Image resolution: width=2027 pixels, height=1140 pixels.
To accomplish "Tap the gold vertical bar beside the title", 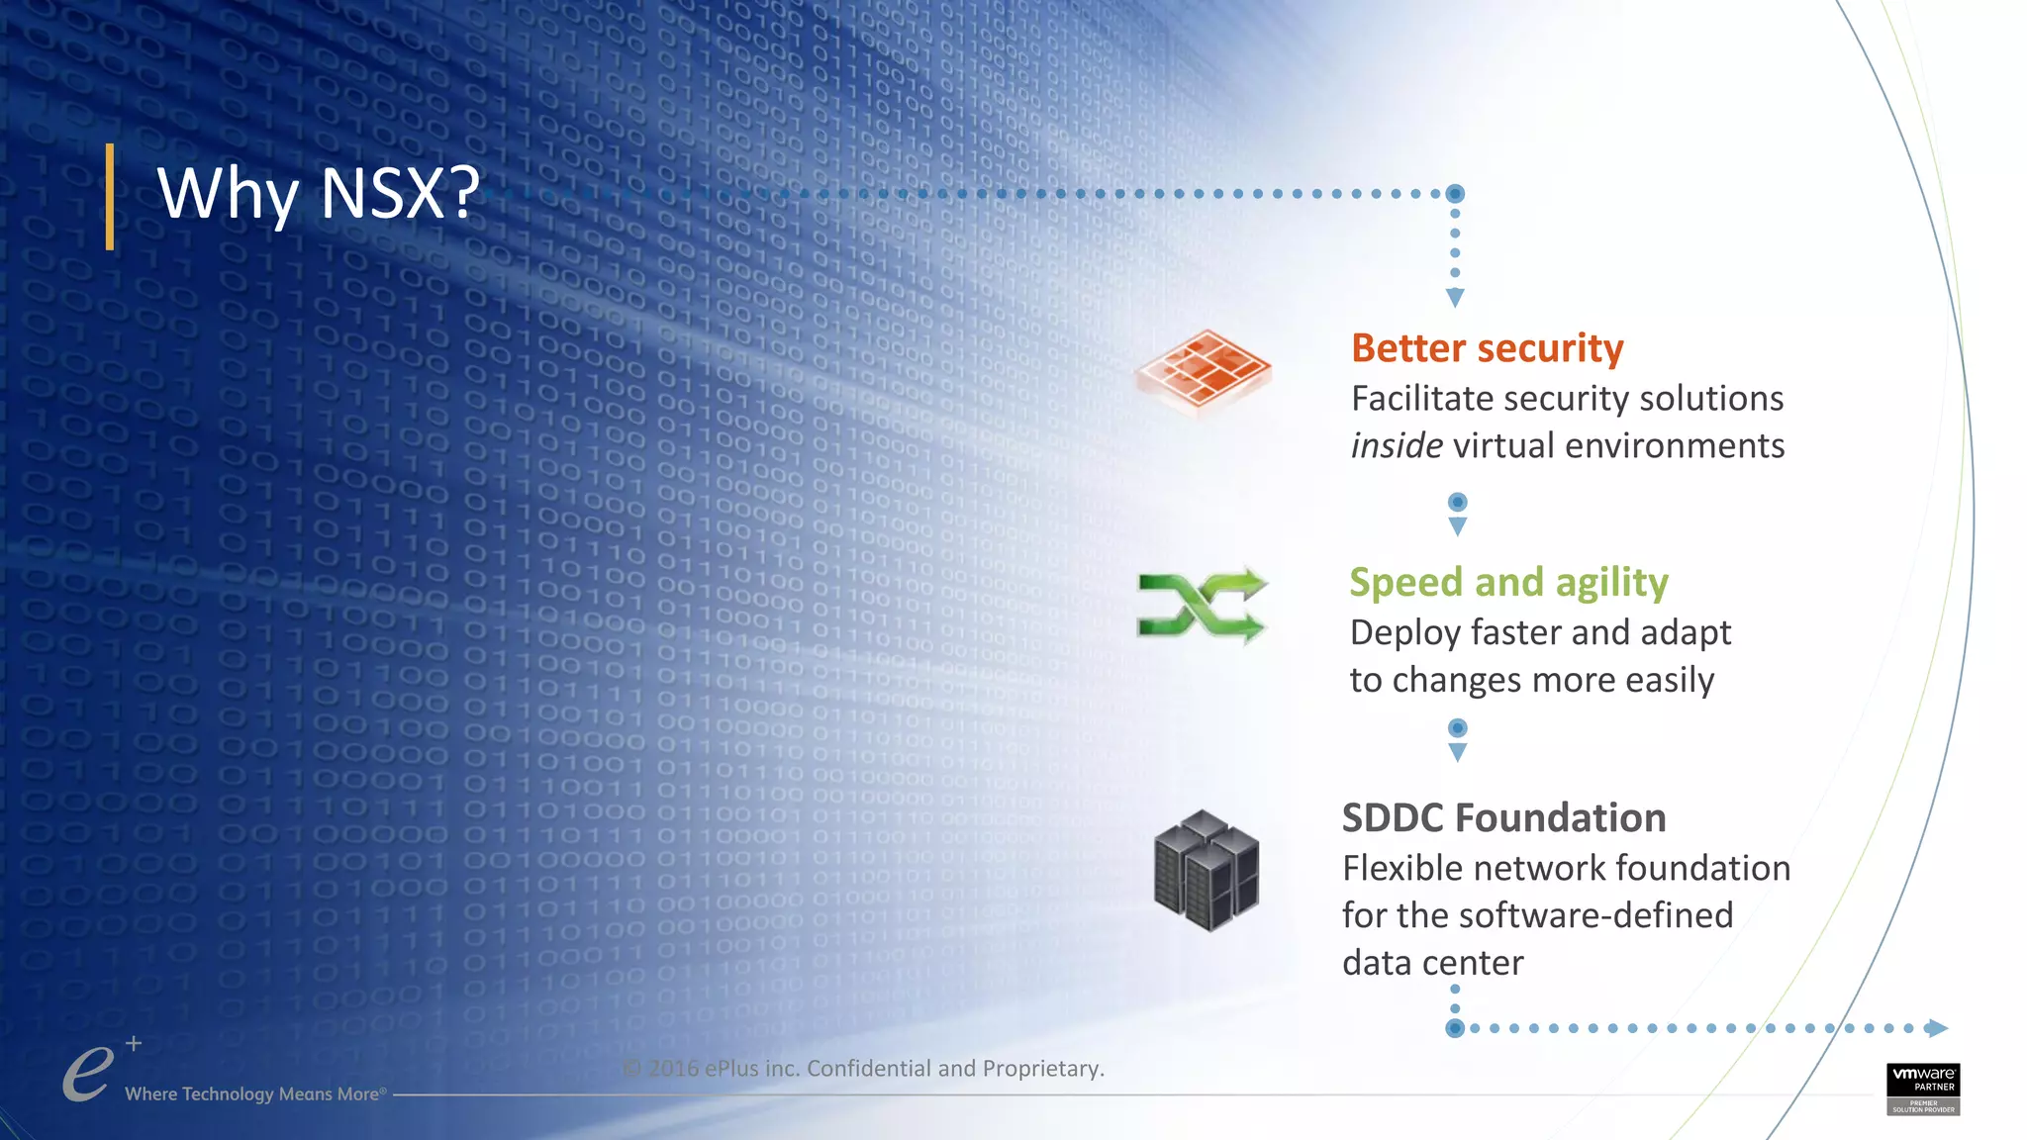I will (x=110, y=197).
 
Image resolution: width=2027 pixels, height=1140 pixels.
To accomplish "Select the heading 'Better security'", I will (x=1487, y=348).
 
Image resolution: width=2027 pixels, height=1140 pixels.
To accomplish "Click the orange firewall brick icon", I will (x=1203, y=370).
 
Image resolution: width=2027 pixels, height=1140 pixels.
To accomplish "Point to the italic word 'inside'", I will (x=1396, y=446).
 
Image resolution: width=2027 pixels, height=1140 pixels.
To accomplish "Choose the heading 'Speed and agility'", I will (x=1508, y=582).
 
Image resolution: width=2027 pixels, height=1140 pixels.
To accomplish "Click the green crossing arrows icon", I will (x=1201, y=605).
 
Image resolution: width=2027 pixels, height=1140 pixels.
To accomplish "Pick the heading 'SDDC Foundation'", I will (x=1503, y=818).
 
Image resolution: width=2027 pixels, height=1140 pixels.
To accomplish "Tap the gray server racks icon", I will (x=1206, y=871).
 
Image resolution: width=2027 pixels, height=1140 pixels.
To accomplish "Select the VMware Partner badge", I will (x=1922, y=1089).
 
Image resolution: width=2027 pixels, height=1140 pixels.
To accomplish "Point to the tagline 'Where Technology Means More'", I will (x=253, y=1094).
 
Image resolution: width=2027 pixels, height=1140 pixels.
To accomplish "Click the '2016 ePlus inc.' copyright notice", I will (x=863, y=1069).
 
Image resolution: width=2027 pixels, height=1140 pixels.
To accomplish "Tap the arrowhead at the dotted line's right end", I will (x=1937, y=1028).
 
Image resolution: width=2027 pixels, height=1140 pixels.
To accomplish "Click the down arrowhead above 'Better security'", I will (x=1455, y=297).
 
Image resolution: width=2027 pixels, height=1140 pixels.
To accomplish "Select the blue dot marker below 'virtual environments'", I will (x=1457, y=503).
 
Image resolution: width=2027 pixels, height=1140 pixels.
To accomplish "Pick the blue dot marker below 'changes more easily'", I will (x=1457, y=728).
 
